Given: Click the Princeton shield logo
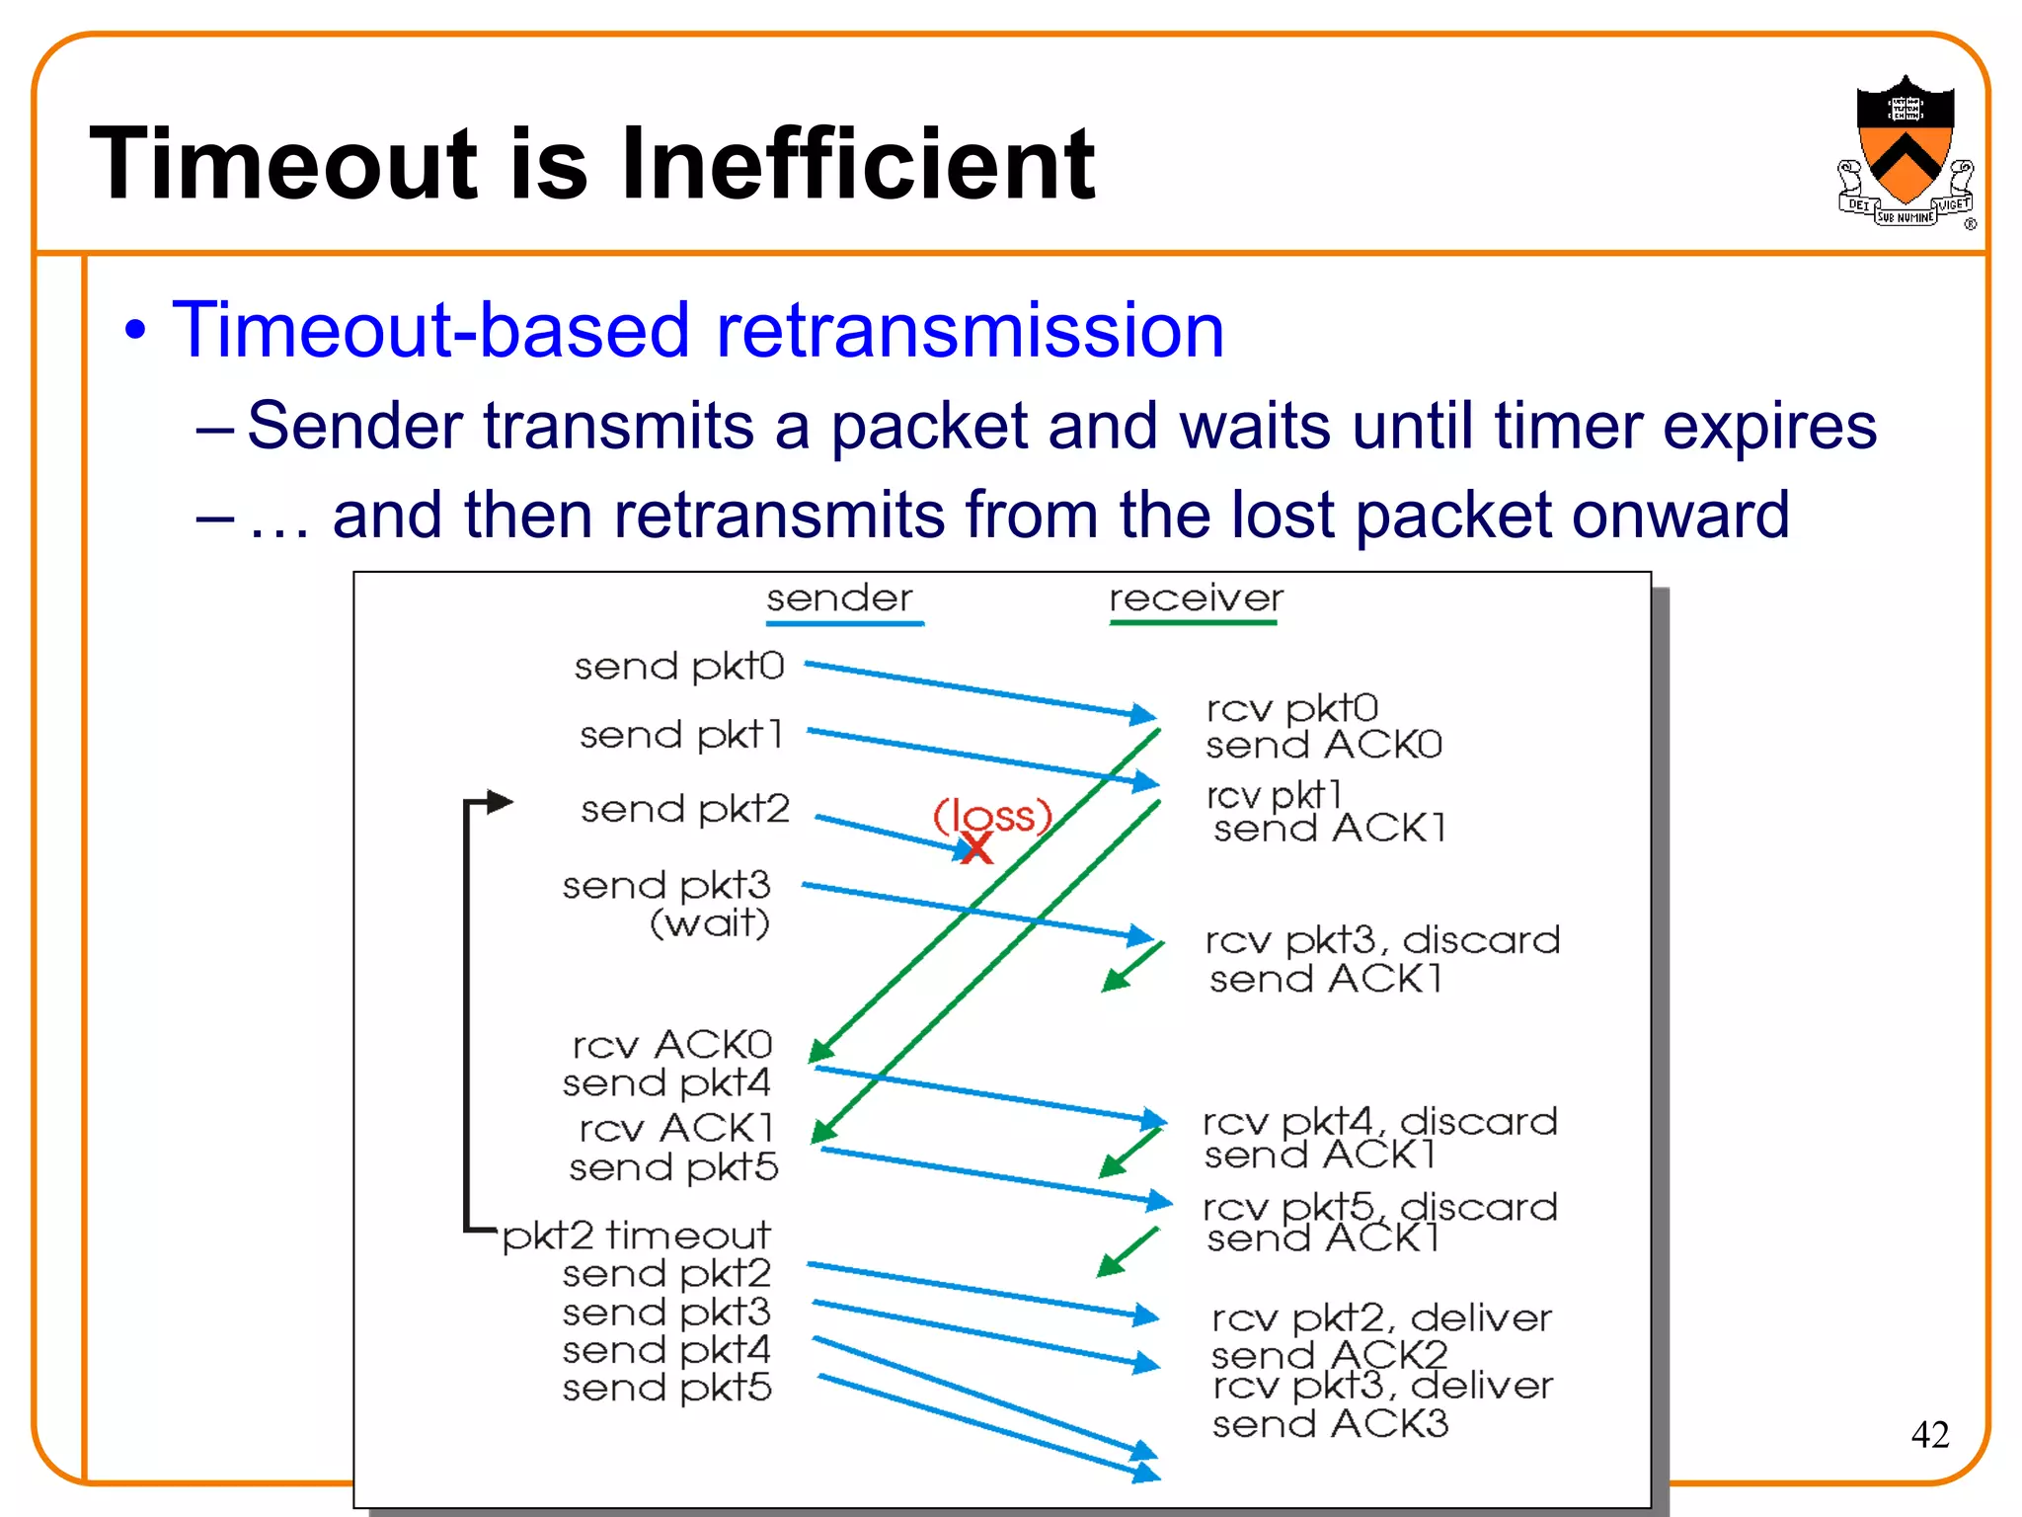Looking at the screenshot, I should [x=1905, y=153].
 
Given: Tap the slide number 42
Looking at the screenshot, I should [x=1930, y=1434].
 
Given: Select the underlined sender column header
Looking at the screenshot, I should [x=840, y=599].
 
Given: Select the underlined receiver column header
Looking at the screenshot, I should [x=1196, y=599].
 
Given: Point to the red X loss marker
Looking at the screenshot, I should [x=976, y=847].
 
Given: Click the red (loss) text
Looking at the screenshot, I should [x=993, y=816].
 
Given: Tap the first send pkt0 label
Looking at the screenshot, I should [x=679, y=667].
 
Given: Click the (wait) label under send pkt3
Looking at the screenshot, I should [x=709, y=923].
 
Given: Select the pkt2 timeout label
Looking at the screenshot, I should [x=637, y=1236].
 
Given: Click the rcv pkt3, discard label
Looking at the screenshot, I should [x=1382, y=940].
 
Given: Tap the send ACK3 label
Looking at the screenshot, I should [x=1330, y=1424].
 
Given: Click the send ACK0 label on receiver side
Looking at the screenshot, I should [x=1324, y=745].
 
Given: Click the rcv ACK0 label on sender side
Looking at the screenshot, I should [x=672, y=1045].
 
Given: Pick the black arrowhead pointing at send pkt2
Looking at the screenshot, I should [x=500, y=801].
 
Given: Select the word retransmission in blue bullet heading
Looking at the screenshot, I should [x=970, y=331].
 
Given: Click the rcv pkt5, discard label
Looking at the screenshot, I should [x=1380, y=1207].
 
